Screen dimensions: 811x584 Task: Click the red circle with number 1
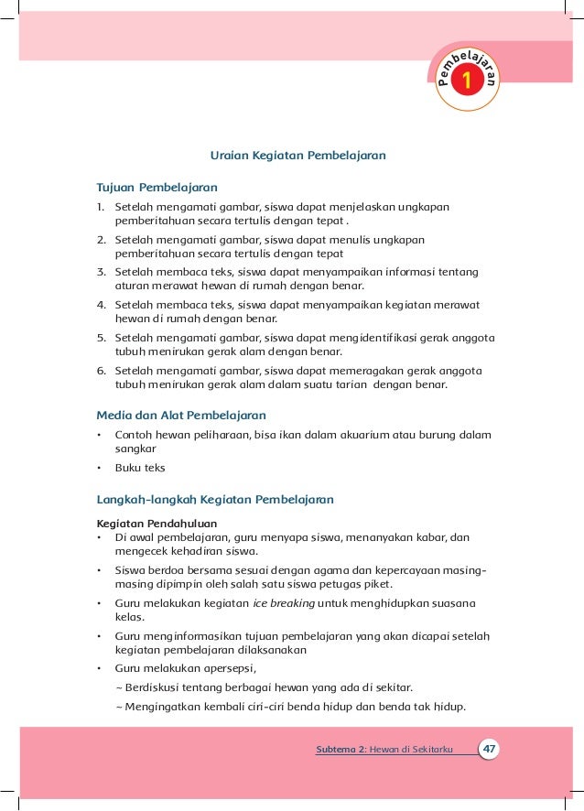467,81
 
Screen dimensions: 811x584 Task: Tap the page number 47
491,750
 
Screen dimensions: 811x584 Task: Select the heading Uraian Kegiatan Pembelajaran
297,156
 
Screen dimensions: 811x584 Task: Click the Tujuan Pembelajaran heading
152,187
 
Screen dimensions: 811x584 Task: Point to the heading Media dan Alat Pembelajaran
181,415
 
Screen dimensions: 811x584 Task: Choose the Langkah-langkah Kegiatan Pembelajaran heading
215,500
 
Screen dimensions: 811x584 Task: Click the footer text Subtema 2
341,751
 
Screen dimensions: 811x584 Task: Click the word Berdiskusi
150,687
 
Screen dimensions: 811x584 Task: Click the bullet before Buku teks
99,468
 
